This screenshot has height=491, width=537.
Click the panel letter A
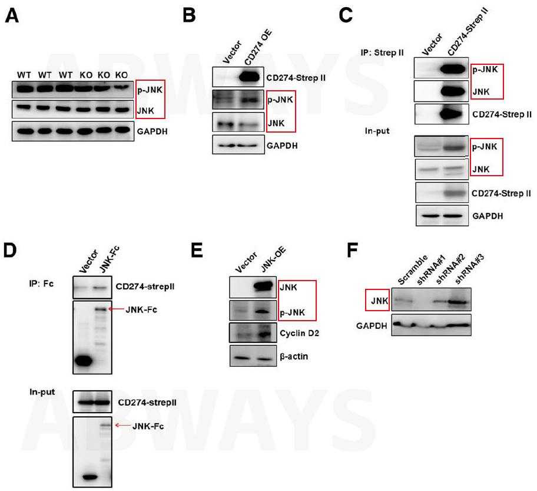pos(12,15)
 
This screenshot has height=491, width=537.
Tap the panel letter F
pos(352,251)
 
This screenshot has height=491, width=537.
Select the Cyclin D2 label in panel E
pos(299,333)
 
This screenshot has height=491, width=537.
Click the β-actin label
pos(294,357)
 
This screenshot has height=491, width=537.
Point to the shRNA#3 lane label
pos(469,271)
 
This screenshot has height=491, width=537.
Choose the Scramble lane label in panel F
pos(413,270)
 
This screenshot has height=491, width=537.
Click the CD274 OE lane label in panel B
pos(258,47)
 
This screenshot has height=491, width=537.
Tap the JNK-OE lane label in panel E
pos(273,259)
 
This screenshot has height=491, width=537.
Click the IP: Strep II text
pos(382,53)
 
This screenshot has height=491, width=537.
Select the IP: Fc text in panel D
pos(41,284)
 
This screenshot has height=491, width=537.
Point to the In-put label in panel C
pos(377,131)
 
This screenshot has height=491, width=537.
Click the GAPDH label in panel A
pos(152,131)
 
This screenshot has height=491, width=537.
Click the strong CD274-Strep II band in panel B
pos(249,77)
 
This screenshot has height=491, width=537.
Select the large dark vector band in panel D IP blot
pos(84,361)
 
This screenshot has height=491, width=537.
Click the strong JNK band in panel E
pos(263,286)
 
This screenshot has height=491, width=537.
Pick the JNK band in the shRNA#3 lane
pos(458,302)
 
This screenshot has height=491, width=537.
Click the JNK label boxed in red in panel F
pos(379,301)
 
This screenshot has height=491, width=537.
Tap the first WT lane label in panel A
pos(24,75)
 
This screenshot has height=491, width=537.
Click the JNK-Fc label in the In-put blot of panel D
pos(148,426)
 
